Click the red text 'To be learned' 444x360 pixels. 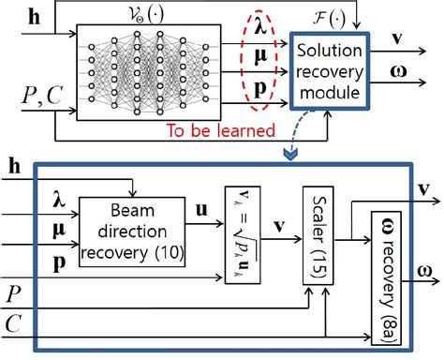(x=223, y=131)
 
